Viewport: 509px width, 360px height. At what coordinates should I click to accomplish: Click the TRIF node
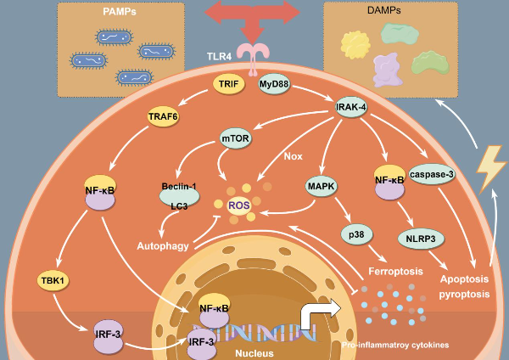point(226,85)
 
